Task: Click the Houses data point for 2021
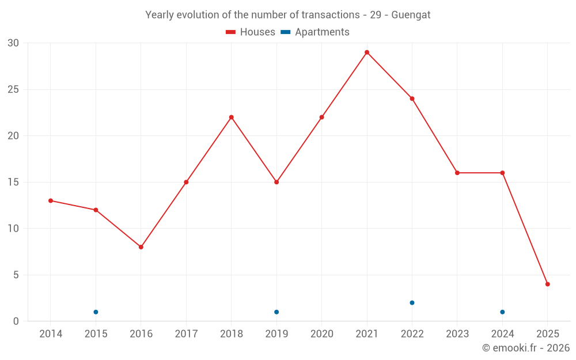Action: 367,52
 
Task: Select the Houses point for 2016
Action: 141,247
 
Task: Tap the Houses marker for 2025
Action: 548,284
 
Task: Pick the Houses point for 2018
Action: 232,117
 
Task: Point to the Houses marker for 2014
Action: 51,200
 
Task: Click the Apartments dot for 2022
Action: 412,303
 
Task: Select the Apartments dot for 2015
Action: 96,312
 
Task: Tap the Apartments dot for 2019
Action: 276,312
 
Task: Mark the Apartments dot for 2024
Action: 502,312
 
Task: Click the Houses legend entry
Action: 251,32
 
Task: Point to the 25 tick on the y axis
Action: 13,89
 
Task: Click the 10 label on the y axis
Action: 13,229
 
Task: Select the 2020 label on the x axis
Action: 321,334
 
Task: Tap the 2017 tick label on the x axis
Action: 186,334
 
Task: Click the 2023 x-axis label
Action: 457,334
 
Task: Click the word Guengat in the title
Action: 411,15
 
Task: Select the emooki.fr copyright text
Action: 526,348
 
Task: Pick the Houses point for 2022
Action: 412,98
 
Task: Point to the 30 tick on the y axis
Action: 13,43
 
